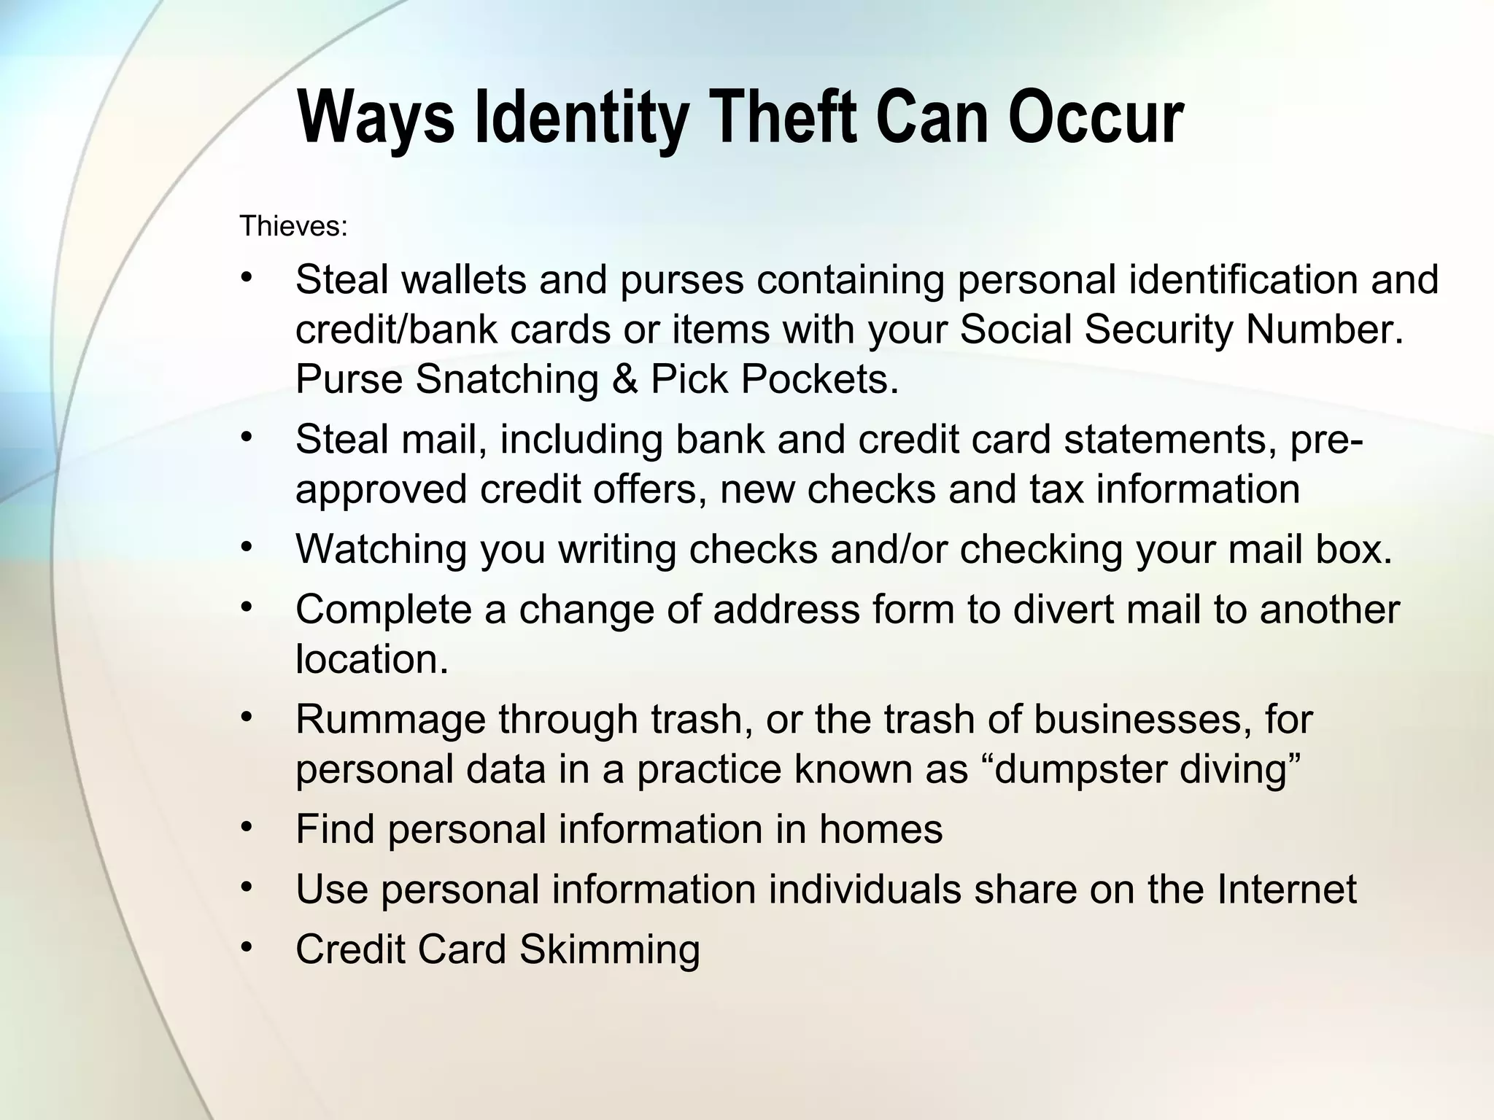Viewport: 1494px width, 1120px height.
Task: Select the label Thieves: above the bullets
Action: pyautogui.click(x=293, y=227)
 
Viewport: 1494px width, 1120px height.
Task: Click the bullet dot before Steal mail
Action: pyautogui.click(x=247, y=437)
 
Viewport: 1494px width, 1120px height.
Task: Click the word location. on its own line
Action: pyautogui.click(x=371, y=659)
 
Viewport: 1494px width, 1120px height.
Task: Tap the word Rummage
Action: pyautogui.click(x=390, y=720)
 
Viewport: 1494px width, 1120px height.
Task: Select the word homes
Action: pyautogui.click(x=880, y=829)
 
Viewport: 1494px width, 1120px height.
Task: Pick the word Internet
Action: pyautogui.click(x=1286, y=890)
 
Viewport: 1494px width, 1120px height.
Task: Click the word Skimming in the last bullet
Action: pyautogui.click(x=609, y=950)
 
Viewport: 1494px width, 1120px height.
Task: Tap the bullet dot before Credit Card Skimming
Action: pyautogui.click(x=247, y=947)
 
